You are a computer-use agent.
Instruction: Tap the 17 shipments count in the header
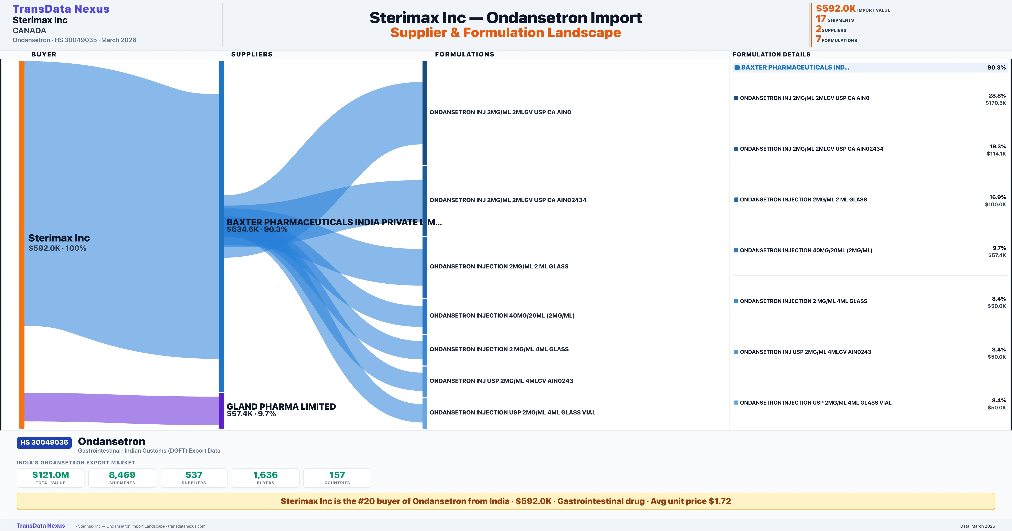[821, 19]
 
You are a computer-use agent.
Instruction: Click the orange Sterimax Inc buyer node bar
[22, 244]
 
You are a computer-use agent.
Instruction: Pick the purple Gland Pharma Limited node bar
[221, 410]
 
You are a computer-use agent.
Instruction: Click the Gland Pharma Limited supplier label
[281, 406]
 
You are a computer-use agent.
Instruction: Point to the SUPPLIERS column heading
[252, 54]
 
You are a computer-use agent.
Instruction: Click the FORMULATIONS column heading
[464, 54]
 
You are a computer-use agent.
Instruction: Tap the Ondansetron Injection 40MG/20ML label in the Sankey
[502, 315]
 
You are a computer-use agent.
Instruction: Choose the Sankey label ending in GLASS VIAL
[512, 412]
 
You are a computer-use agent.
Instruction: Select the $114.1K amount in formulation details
[996, 154]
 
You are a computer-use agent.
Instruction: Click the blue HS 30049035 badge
[44, 442]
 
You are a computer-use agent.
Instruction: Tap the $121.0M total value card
[51, 478]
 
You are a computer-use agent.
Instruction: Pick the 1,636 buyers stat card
[266, 478]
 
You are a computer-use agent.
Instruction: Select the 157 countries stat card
[337, 478]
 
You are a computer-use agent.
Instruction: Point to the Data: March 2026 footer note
[977, 526]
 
